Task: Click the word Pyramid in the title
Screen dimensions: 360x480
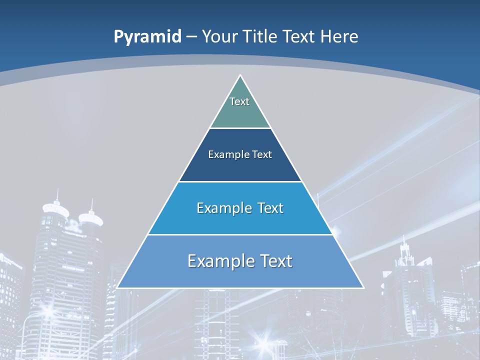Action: [147, 37]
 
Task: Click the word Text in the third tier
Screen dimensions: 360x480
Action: [270, 208]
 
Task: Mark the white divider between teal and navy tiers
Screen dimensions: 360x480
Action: [240, 128]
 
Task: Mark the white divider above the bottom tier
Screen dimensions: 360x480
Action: [240, 234]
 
